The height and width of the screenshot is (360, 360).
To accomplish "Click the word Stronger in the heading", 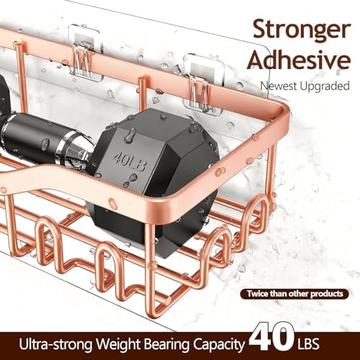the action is (301, 30).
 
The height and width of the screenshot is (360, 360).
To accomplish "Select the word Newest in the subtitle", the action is (279, 86).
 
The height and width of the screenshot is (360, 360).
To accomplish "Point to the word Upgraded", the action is (325, 86).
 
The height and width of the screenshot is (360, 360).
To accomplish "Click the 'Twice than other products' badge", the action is (294, 294).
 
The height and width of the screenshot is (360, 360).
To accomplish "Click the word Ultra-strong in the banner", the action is (55, 344).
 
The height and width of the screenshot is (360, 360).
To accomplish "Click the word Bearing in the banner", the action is (168, 345).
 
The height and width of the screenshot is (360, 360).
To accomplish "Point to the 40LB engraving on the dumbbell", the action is (130, 161).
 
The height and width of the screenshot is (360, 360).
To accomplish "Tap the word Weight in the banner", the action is (119, 345).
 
